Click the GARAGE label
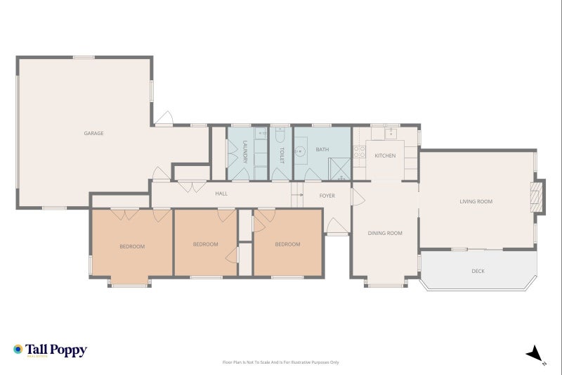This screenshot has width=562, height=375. [93, 133]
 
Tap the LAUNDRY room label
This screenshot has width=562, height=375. [245, 152]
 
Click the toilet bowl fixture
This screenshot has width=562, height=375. [281, 134]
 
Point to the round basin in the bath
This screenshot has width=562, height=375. [301, 150]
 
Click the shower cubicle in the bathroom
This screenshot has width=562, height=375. [340, 167]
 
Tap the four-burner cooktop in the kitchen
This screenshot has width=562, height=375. [359, 151]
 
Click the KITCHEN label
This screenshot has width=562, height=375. [384, 155]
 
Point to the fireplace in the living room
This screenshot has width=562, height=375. [537, 196]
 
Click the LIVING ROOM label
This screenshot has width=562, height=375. [476, 202]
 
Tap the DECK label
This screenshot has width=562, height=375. [478, 271]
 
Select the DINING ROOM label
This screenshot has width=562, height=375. [385, 233]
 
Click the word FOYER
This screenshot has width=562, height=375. [327, 196]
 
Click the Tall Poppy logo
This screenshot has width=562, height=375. [50, 350]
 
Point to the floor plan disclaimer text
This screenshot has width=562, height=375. [280, 362]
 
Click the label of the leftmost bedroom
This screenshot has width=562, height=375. [131, 246]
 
